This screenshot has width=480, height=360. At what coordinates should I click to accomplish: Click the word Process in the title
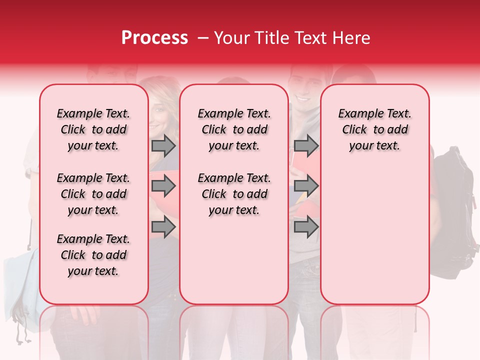[154, 38]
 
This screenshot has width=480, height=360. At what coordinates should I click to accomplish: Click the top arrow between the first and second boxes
[163, 145]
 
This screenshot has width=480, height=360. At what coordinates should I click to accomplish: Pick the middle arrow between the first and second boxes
[163, 186]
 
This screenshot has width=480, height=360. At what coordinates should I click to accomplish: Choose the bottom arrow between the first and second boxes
[163, 227]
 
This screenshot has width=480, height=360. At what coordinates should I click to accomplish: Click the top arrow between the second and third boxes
[306, 145]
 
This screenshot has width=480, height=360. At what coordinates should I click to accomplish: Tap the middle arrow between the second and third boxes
[306, 186]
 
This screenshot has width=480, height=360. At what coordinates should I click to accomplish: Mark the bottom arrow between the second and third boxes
[306, 227]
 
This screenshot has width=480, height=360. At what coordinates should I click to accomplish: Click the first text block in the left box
[93, 129]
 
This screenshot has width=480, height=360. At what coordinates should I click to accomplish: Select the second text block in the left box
[93, 194]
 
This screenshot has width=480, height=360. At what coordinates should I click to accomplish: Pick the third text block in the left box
[93, 255]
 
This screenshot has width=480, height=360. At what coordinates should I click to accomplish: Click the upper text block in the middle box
[234, 129]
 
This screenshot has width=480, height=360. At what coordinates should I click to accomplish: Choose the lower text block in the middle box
[234, 194]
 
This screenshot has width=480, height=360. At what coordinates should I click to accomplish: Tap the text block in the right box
[374, 129]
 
